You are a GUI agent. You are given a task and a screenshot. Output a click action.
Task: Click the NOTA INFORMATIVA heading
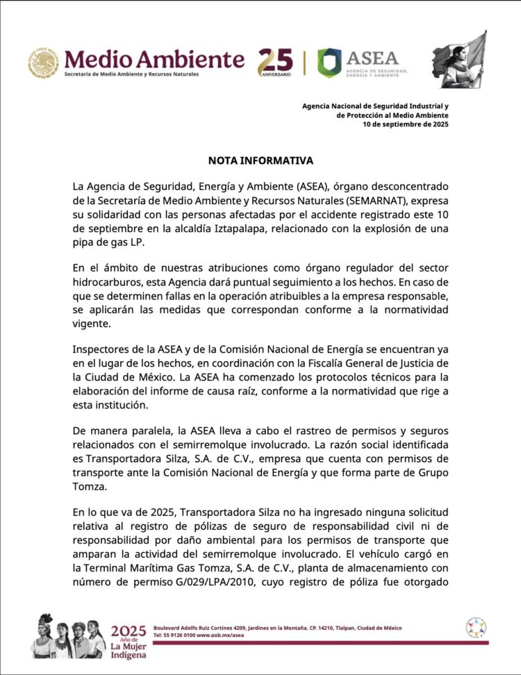260,161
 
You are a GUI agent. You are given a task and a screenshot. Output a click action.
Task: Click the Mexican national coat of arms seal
43,63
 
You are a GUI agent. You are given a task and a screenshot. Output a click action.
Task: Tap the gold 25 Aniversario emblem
275,62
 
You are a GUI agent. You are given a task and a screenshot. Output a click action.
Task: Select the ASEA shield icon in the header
329,62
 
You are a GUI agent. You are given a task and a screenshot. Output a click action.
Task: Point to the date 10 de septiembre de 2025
406,125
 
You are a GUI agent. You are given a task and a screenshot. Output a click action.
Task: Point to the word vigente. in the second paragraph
91,325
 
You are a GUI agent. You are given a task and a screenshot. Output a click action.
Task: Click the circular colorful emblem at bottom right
476,628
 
